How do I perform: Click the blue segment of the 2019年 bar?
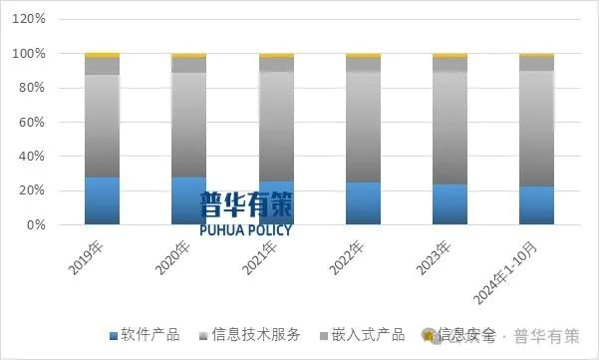102,200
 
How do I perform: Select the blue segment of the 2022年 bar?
363,203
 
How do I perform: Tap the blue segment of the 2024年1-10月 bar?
537,205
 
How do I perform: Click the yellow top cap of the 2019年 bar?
102,55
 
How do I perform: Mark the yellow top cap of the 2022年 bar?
363,55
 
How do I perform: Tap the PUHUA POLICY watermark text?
244,228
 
